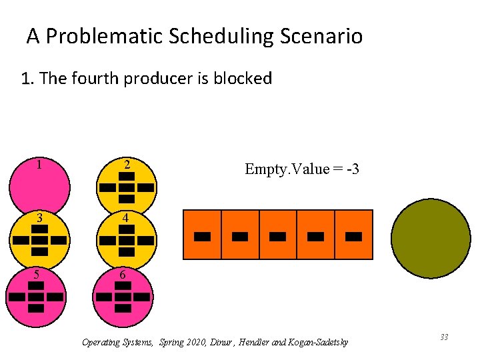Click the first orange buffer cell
(202, 234)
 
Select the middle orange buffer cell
(278, 234)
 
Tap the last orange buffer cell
(353, 234)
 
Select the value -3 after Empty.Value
(351, 169)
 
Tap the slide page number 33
(443, 337)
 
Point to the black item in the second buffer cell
(240, 236)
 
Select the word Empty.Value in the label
(287, 169)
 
